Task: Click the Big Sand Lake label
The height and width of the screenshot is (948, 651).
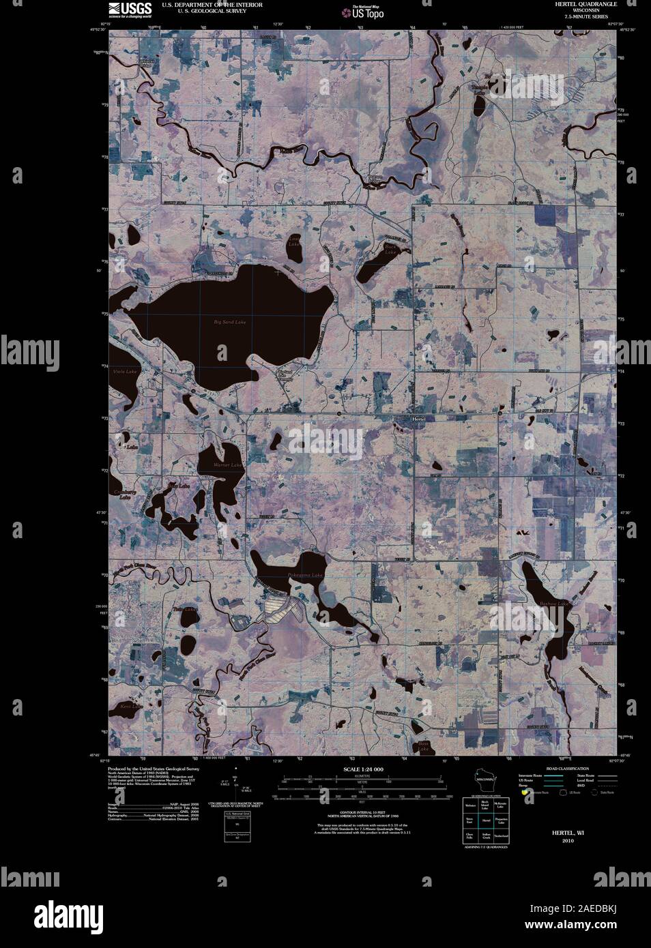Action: [x=229, y=321]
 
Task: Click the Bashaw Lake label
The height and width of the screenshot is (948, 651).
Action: [x=553, y=604]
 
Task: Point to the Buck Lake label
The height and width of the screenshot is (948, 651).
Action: [x=390, y=250]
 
